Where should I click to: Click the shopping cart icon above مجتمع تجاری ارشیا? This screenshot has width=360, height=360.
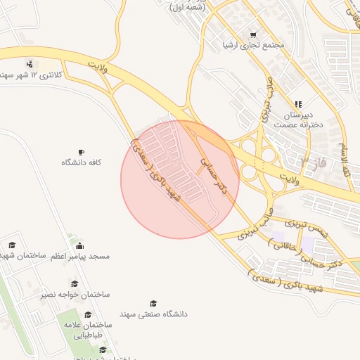point(253,34)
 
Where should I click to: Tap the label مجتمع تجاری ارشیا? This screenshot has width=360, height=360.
point(253,45)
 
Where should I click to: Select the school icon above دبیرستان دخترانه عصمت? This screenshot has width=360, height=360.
point(298,104)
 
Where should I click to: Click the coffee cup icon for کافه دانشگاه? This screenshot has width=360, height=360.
point(82,152)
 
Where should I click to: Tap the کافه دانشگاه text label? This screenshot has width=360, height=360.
point(82,162)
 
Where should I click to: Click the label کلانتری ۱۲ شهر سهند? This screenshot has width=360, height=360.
point(32,74)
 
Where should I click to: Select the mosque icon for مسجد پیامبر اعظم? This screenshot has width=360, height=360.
point(79,246)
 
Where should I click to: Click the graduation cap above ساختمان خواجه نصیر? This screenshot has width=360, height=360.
point(75,284)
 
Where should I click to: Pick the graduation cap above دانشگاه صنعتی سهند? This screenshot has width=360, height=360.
point(153,303)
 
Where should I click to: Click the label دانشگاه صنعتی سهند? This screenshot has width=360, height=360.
point(153,314)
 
